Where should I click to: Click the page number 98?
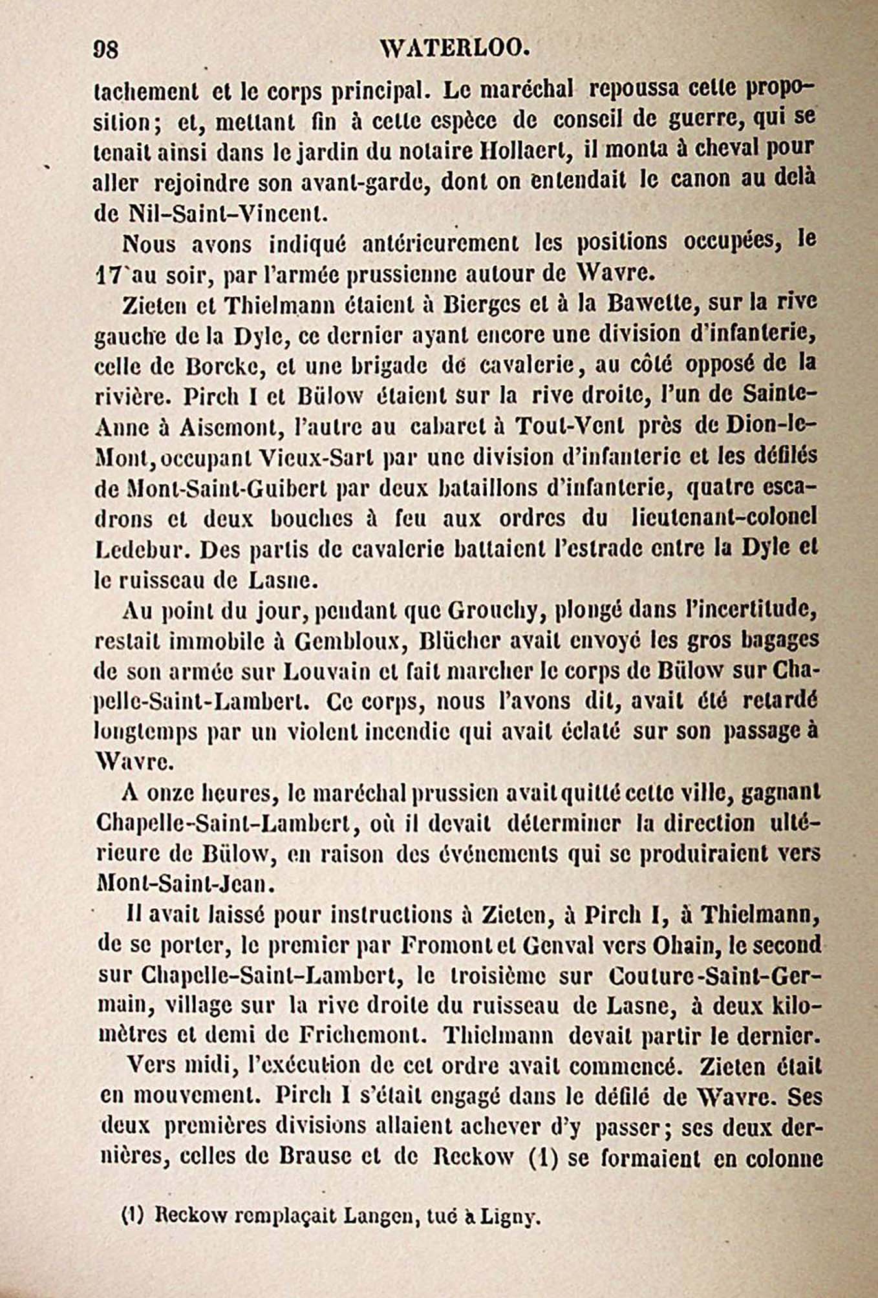coord(106,49)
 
